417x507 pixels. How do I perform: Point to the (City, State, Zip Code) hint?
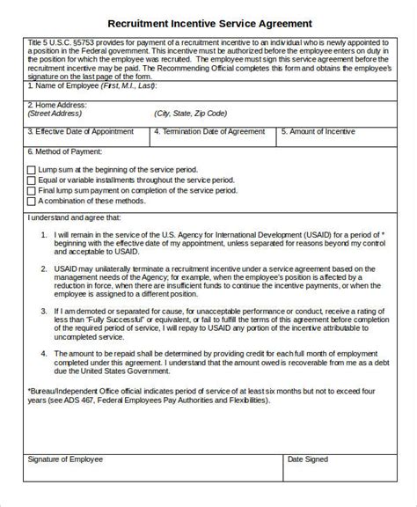tap(190, 114)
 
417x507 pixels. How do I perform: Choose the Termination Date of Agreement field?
tap(210, 131)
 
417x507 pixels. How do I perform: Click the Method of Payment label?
tap(66, 151)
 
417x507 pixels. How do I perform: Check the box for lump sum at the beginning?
tap(32, 169)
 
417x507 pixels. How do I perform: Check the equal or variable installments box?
tap(32, 180)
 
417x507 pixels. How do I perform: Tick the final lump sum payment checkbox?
tap(32, 190)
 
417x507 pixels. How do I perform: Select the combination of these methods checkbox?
tap(32, 201)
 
